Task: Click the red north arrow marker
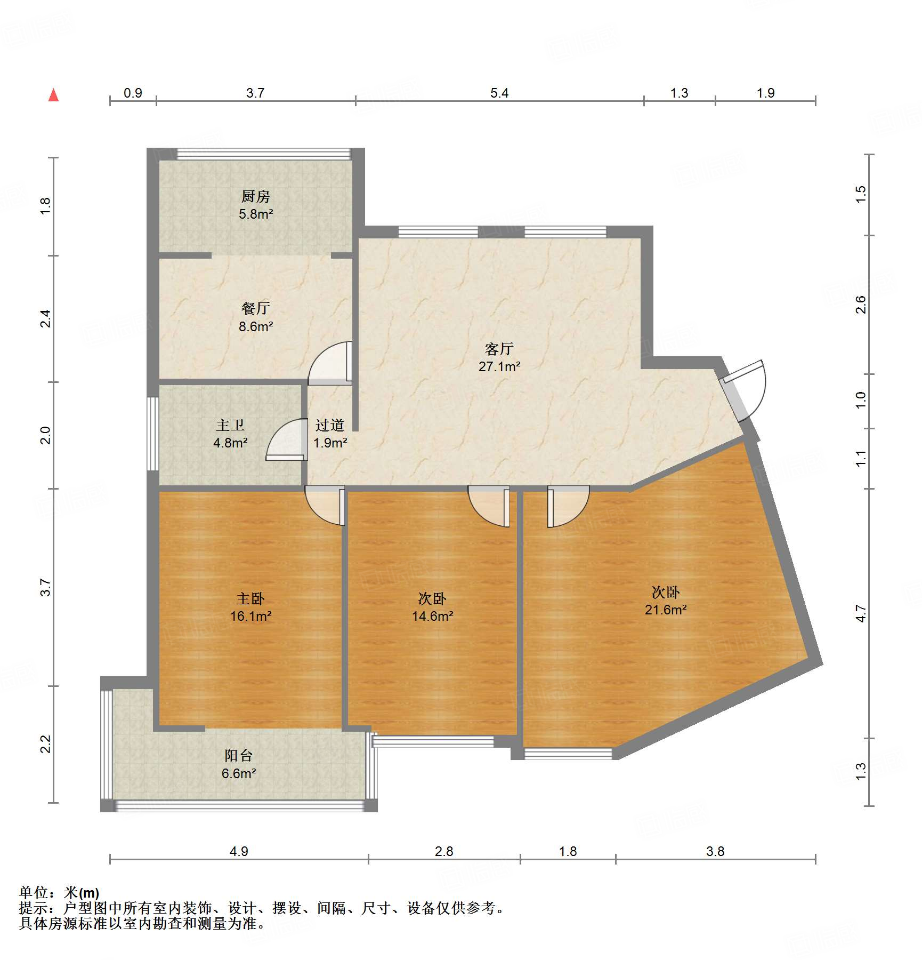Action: tap(53, 95)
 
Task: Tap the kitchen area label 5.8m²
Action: tap(256, 214)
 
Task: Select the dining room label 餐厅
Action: tap(256, 308)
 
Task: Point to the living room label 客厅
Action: tap(499, 349)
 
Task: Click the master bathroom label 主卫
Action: tap(230, 425)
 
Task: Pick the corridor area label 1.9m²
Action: tap(330, 443)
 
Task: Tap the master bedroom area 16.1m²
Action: tap(251, 616)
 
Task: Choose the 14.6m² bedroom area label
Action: tap(432, 616)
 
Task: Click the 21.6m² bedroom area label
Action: tap(666, 610)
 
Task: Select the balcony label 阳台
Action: tap(238, 755)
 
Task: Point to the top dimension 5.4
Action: tap(499, 93)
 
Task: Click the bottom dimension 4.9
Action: tap(239, 851)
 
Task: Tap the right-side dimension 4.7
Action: tap(861, 613)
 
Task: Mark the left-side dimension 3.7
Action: tap(46, 587)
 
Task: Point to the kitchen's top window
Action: tap(264, 154)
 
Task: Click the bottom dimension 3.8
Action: tap(715, 851)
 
